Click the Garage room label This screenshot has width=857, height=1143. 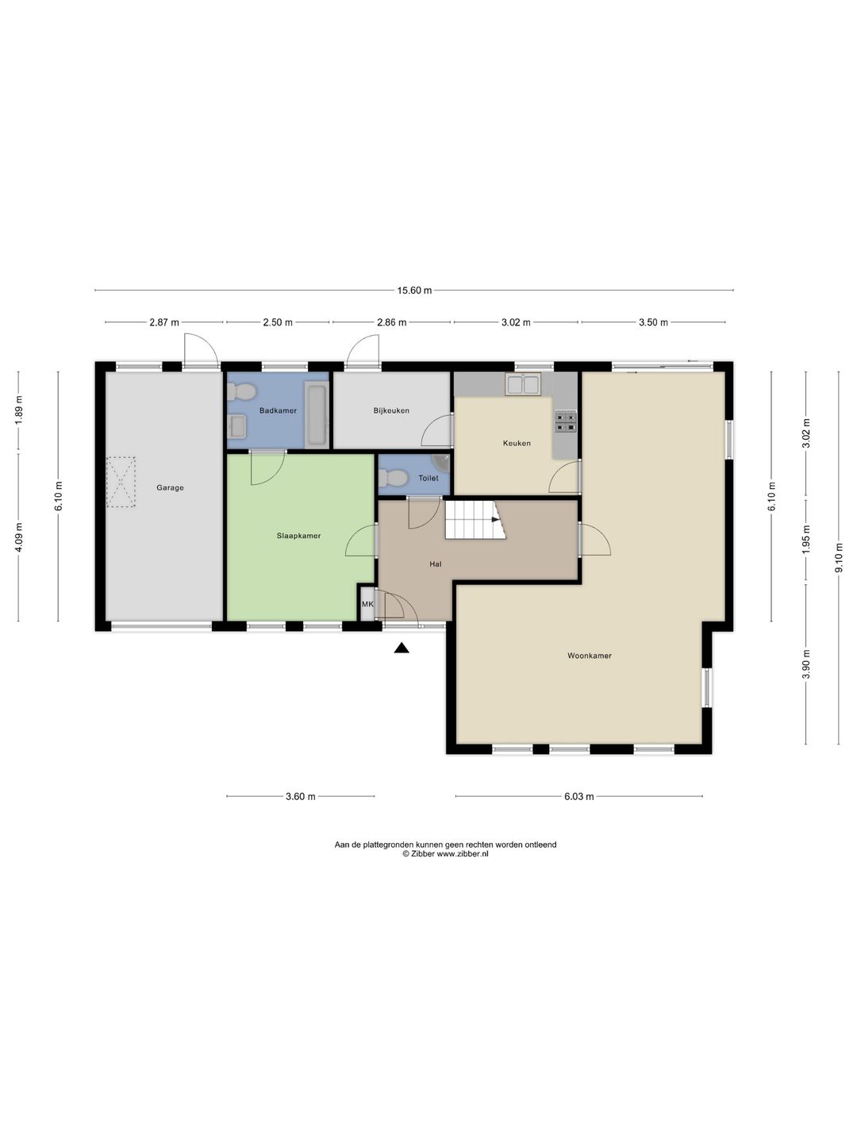point(170,488)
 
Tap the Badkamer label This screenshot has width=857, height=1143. point(278,410)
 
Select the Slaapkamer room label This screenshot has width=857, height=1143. point(298,535)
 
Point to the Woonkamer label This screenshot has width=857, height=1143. point(589,656)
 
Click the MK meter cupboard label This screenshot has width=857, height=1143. point(367,604)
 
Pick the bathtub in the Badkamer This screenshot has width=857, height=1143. point(317,414)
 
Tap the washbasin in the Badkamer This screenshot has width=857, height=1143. point(237,427)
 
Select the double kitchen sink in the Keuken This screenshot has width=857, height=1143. point(524,384)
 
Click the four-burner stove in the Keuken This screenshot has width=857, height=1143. point(566,421)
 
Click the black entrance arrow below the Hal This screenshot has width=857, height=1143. point(401,648)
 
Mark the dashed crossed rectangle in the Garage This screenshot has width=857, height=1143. point(121,482)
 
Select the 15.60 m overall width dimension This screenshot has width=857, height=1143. point(414,291)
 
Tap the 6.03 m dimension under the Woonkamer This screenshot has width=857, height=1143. point(579,796)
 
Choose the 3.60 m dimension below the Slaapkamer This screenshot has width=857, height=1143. point(301,796)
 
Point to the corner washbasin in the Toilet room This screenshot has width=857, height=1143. point(442,461)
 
